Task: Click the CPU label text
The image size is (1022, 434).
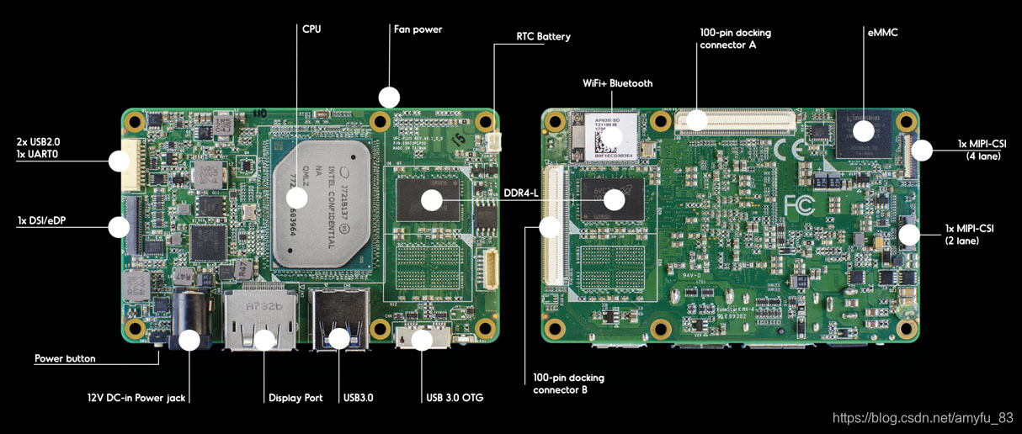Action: pyautogui.click(x=311, y=29)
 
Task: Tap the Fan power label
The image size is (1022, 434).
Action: pyautogui.click(x=418, y=29)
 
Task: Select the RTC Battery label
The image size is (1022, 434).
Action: pyautogui.click(x=543, y=37)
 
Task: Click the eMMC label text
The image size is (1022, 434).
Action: pyautogui.click(x=882, y=33)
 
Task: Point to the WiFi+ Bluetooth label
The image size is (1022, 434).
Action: pyautogui.click(x=617, y=83)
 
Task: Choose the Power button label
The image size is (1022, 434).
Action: pyautogui.click(x=65, y=358)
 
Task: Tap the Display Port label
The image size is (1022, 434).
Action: pyautogui.click(x=295, y=398)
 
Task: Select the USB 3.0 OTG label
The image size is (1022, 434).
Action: pyautogui.click(x=455, y=398)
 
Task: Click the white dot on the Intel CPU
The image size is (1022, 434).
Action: pyautogui.click(x=296, y=198)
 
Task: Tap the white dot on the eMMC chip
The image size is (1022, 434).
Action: pyautogui.click(x=862, y=131)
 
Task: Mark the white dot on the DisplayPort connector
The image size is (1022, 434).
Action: pyautogui.click(x=264, y=340)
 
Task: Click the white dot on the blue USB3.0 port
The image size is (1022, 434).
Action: pyautogui.click(x=338, y=338)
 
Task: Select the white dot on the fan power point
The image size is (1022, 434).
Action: pyautogui.click(x=388, y=97)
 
